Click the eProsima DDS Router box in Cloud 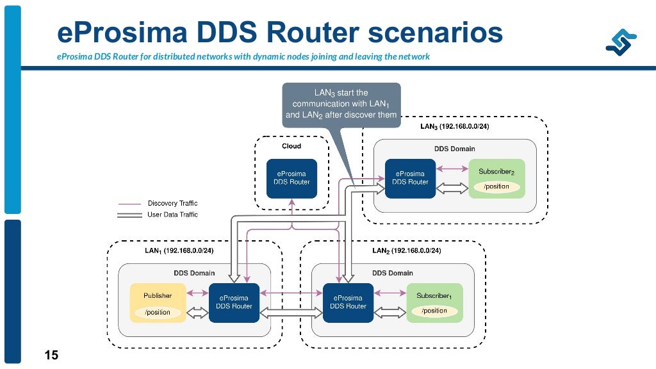pyautogui.click(x=291, y=178)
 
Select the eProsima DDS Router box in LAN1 pyautogui.click(x=234, y=302)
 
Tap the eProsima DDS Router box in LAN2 pyautogui.click(x=348, y=302)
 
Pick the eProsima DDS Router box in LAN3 pyautogui.click(x=410, y=178)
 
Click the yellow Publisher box pyautogui.click(x=158, y=302)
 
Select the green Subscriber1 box pyautogui.click(x=435, y=302)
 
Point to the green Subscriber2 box pyautogui.click(x=496, y=178)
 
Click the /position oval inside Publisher pyautogui.click(x=158, y=312)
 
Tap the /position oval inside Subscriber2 pyautogui.click(x=496, y=186)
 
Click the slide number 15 pyautogui.click(x=51, y=355)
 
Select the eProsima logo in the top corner pyautogui.click(x=621, y=42)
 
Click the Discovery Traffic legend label pyautogui.click(x=172, y=203)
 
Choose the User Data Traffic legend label pyautogui.click(x=172, y=215)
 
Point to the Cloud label pyautogui.click(x=291, y=146)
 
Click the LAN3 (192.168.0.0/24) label pyautogui.click(x=455, y=126)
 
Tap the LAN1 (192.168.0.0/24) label pyautogui.click(x=179, y=250)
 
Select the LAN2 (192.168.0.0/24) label pyautogui.click(x=407, y=250)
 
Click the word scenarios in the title pyautogui.click(x=435, y=33)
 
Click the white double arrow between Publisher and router pyautogui.click(x=197, y=313)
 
